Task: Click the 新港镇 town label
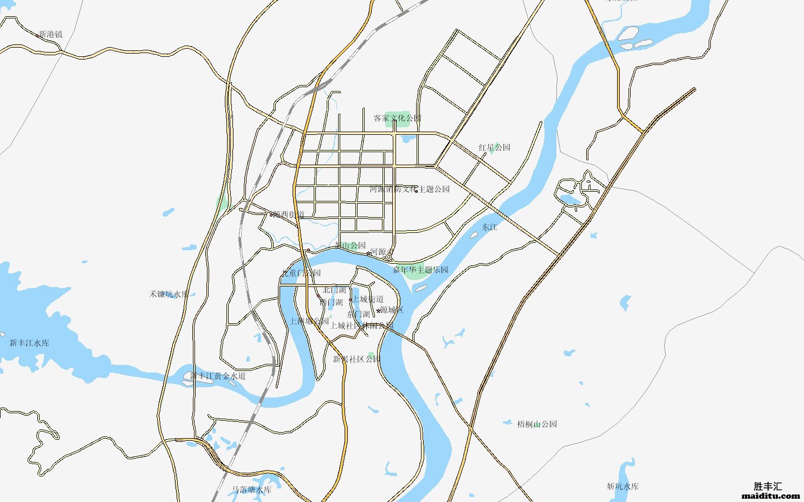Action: [51, 34]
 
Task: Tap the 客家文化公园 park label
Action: [397, 118]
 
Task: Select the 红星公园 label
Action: [494, 147]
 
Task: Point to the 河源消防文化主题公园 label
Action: [410, 189]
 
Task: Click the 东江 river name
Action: [490, 227]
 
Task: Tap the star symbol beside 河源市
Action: [369, 253]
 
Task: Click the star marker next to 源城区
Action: [378, 311]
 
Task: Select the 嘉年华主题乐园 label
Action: [420, 270]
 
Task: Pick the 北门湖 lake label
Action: [334, 290]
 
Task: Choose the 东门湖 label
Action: [358, 314]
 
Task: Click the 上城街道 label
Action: [368, 299]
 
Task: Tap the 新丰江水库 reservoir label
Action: [29, 343]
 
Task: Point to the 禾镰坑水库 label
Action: [169, 294]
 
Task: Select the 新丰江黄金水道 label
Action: [218, 376]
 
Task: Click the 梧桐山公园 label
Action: [537, 424]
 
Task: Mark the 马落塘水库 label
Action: [251, 490]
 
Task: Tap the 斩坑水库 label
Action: [623, 486]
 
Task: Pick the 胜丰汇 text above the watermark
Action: [768, 486]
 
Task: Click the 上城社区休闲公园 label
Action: [361, 325]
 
